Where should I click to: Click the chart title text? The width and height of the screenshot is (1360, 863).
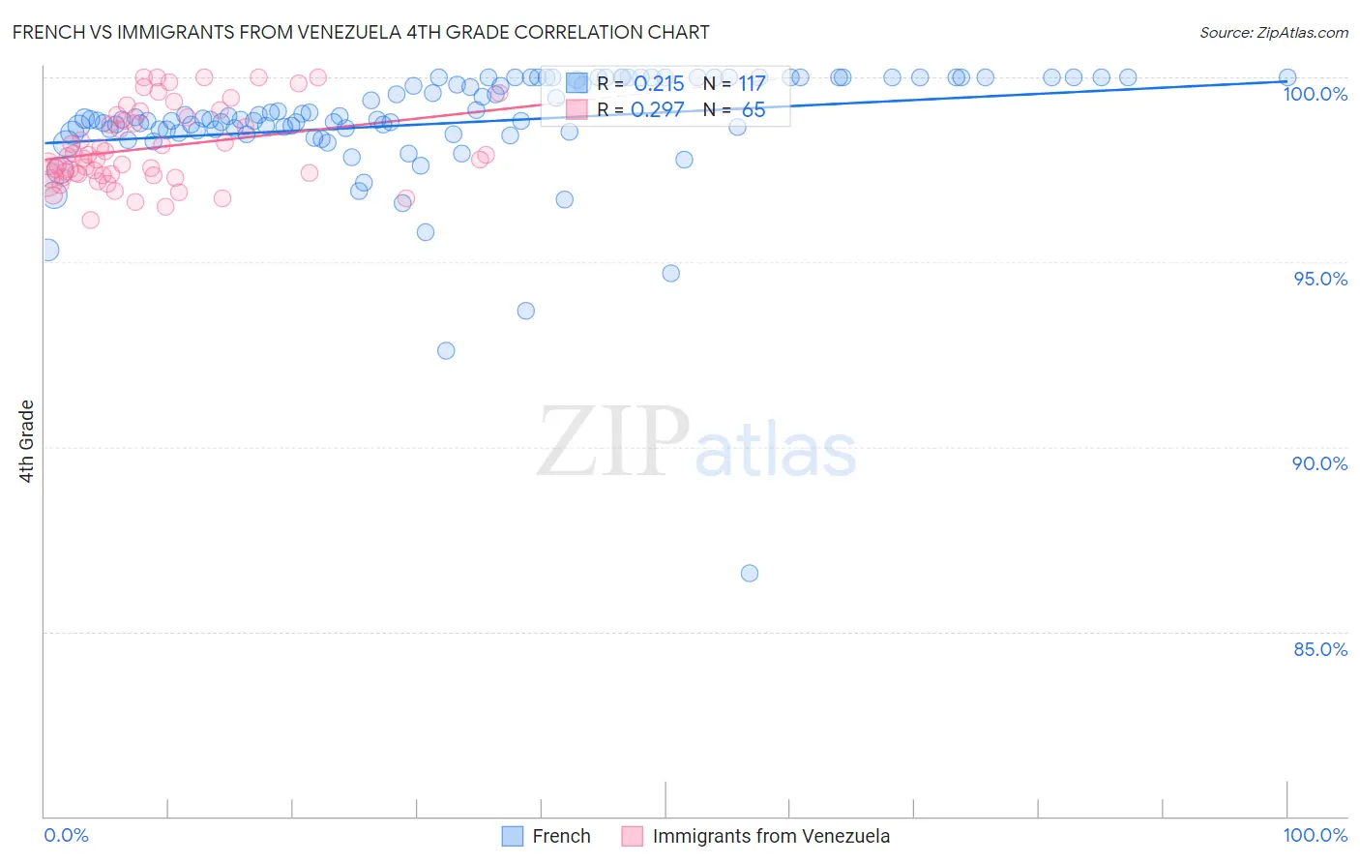(361, 32)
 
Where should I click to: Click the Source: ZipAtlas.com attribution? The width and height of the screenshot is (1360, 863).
(1273, 32)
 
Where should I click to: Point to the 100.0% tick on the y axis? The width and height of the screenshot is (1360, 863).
(1315, 94)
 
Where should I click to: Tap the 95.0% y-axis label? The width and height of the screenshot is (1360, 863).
(1320, 279)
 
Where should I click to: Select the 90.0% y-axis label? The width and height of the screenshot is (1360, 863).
(1320, 463)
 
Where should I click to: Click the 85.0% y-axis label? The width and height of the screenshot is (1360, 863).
(1320, 649)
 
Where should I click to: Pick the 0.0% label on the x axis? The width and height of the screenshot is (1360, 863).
(67, 835)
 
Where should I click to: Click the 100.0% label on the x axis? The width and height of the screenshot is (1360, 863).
(1315, 835)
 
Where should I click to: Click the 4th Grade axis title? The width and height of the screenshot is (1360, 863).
(27, 441)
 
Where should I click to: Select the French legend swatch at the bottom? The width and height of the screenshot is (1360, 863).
(513, 836)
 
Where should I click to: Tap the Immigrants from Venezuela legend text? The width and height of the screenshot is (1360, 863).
(771, 836)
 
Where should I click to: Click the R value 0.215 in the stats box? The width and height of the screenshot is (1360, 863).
(659, 84)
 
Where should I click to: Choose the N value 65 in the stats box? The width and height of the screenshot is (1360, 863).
(754, 110)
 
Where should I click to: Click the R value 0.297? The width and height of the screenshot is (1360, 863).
(658, 110)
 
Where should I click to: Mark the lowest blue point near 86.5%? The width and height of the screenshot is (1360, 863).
(749, 573)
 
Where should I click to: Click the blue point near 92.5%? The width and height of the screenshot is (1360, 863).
(446, 350)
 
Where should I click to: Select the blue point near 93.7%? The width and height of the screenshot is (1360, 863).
(525, 311)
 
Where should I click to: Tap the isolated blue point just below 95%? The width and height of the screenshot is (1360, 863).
(670, 273)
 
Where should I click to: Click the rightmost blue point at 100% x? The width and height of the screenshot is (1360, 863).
(1287, 77)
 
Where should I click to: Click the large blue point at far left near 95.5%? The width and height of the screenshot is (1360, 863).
(45, 250)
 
